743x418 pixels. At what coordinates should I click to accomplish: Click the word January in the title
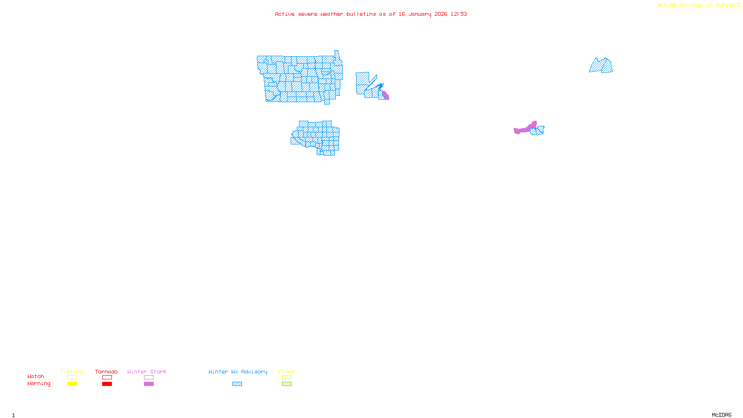coord(420,14)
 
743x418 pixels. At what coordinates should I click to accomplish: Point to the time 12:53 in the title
coord(459,14)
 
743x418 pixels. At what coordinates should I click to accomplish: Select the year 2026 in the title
coord(441,14)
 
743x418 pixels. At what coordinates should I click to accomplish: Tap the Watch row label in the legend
coord(36,377)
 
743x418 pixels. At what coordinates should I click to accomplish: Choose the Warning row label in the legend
coord(39,384)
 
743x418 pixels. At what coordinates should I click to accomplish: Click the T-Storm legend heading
coord(72,372)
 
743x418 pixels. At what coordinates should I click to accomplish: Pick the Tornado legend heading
coord(106,372)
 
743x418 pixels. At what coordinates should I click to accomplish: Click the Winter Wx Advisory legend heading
coord(238,372)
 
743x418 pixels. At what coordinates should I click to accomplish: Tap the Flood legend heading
coord(287,372)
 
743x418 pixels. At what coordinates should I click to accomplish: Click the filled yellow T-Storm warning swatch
coord(72,384)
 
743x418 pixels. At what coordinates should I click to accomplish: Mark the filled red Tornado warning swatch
coord(107,384)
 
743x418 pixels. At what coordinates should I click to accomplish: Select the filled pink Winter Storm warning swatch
coord(149,384)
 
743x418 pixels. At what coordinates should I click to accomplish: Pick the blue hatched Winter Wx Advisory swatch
coord(237,384)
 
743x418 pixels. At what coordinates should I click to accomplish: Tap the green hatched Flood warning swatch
coord(287,384)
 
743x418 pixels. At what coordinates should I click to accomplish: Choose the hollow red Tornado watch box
coord(107,378)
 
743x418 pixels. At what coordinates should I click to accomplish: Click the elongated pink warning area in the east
coord(524,129)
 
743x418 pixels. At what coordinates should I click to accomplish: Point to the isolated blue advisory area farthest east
coord(601,66)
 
